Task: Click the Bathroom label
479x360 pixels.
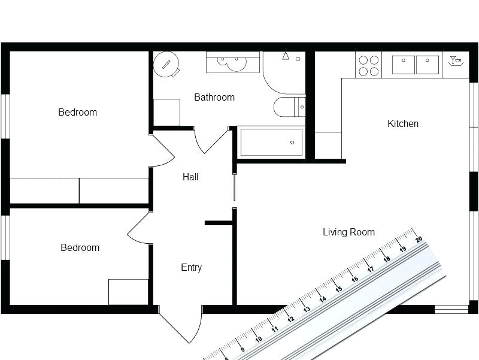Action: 214,97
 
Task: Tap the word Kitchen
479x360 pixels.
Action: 403,124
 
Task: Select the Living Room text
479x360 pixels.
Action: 348,232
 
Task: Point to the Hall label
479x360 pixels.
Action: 190,177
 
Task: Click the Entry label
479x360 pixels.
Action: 191,268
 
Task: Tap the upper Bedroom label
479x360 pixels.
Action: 77,113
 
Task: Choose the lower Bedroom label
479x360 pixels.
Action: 80,248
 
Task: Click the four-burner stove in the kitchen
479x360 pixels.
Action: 368,65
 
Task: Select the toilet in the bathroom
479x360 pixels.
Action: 289,108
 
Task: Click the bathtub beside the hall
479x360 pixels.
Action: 271,143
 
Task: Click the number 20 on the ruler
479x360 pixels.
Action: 419,240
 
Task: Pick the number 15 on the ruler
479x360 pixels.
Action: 338,289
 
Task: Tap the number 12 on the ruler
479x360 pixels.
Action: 291,319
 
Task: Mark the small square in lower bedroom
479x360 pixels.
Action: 128,292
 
